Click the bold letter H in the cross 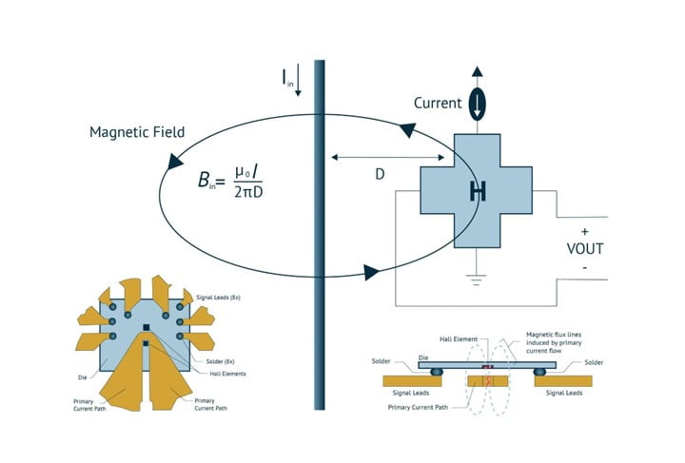[x=478, y=191]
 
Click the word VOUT [x=584, y=248]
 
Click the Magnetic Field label [x=138, y=131]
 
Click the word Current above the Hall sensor [x=439, y=103]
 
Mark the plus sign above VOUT [x=584, y=231]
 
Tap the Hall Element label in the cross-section [x=460, y=338]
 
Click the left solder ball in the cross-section [x=437, y=371]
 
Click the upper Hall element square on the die [x=146, y=328]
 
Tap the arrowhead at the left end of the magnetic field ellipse [x=174, y=163]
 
